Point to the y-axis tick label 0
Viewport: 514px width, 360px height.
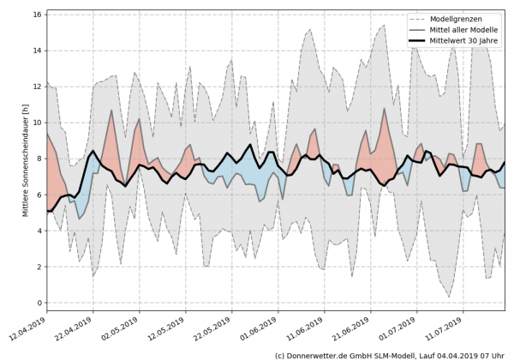pos(38,303)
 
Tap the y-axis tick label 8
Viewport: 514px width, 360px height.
pos(38,159)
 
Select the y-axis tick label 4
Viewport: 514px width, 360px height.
pos(38,231)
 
